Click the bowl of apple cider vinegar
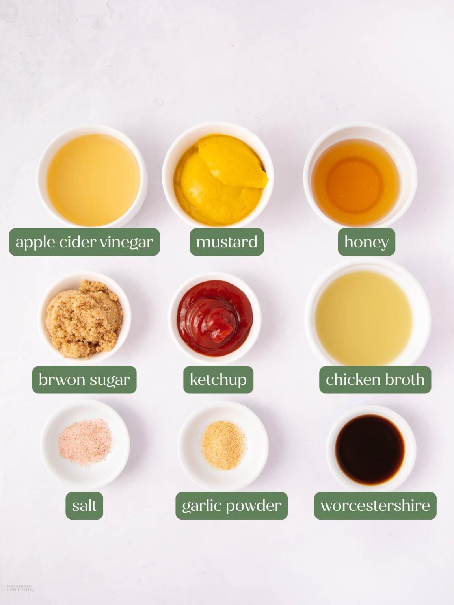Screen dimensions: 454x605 (x=92, y=176)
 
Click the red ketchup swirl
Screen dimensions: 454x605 (x=215, y=318)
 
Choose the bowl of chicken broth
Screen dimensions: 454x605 (x=368, y=314)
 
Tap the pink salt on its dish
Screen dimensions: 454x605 (x=85, y=442)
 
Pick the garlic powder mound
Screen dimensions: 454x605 (x=223, y=445)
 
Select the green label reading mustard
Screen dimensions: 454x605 (x=227, y=242)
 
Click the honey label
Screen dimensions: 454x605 (x=367, y=242)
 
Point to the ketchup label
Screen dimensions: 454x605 (x=218, y=380)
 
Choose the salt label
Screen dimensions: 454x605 (x=84, y=505)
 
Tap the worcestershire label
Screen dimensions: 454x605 (x=375, y=505)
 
